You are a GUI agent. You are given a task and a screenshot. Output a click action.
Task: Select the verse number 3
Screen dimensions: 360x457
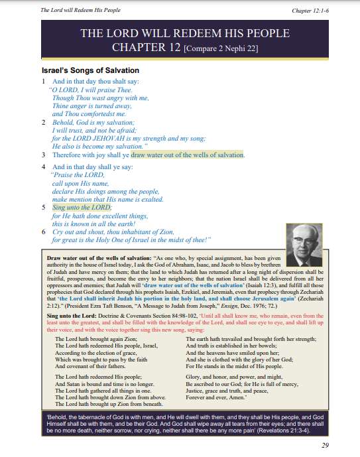(x=43, y=155)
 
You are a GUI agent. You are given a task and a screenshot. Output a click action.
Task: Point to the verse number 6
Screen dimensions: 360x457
(x=43, y=232)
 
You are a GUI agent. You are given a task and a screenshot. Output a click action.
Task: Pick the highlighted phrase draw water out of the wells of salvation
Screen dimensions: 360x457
(x=188, y=155)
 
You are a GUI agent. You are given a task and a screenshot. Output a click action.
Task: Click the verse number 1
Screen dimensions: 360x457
(x=43, y=81)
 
